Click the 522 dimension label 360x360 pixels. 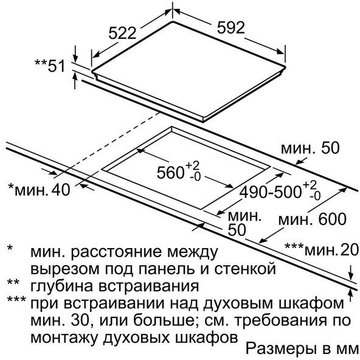tap(122, 33)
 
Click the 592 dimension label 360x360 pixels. tap(231, 27)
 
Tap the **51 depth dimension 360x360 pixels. tap(50, 66)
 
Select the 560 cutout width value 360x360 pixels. tap(170, 173)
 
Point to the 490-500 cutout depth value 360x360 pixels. tap(270, 192)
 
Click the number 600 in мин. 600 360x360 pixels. tap(332, 219)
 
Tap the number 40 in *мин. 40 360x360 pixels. tap(61, 190)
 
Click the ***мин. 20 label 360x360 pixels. tap(322, 249)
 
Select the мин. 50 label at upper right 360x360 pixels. tap(310, 148)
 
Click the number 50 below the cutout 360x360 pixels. tap(237, 230)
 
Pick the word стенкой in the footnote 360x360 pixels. tap(245, 269)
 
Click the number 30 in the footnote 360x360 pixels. tap(80, 320)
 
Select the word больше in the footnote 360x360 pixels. tap(163, 320)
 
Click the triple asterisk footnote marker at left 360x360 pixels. tap(16, 300)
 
